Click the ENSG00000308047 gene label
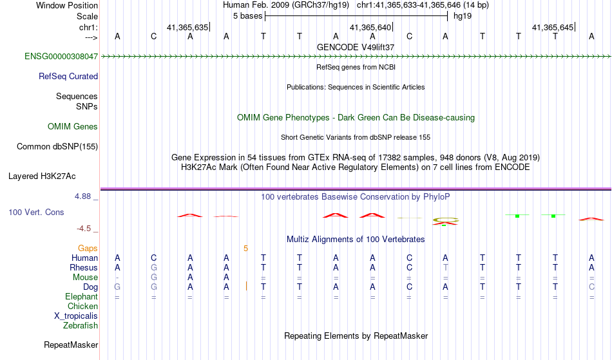pyautogui.click(x=61, y=57)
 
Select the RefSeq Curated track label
pyautogui.click(x=68, y=76)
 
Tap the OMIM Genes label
pyautogui.click(x=73, y=127)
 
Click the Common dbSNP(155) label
pyautogui.click(x=57, y=147)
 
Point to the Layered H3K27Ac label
pyautogui.click(x=42, y=176)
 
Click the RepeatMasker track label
pyautogui.click(x=71, y=345)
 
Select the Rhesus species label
pyautogui.click(x=84, y=267)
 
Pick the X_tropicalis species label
pyautogui.click(x=76, y=316)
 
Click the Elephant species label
pyautogui.click(x=81, y=296)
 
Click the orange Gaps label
pyautogui.click(x=88, y=248)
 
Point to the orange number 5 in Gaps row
pyautogui.click(x=245, y=248)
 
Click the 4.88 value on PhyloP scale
pyautogui.click(x=83, y=196)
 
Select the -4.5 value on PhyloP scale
pyautogui.click(x=84, y=228)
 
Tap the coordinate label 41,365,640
pyautogui.click(x=370, y=28)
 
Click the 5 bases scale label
pyautogui.click(x=247, y=15)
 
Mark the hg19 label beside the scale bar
pyautogui.click(x=463, y=15)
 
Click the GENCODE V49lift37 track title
pyautogui.click(x=356, y=47)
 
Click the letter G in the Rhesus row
pyautogui.click(x=153, y=267)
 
